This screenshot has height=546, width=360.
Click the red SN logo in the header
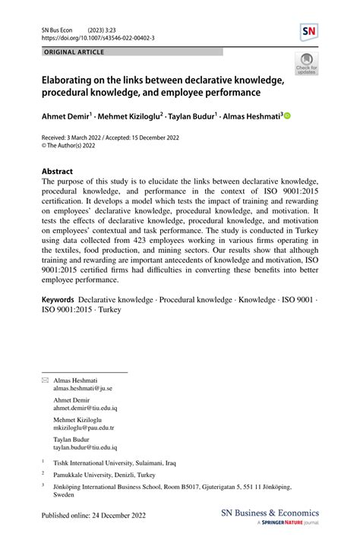tap(309, 32)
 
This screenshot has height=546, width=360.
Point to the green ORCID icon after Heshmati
tap(288, 117)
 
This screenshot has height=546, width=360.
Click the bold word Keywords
tap(58, 301)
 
